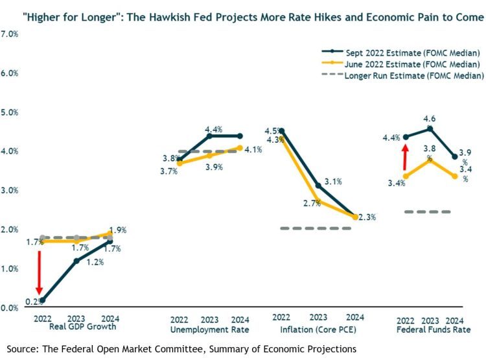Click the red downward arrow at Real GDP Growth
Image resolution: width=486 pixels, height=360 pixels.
pyautogui.click(x=39, y=272)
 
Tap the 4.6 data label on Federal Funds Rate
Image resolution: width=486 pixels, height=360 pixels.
pyautogui.click(x=428, y=119)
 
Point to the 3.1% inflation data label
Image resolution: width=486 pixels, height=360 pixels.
pyautogui.click(x=332, y=181)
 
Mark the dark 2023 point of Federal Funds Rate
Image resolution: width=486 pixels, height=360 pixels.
pyautogui.click(x=428, y=128)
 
